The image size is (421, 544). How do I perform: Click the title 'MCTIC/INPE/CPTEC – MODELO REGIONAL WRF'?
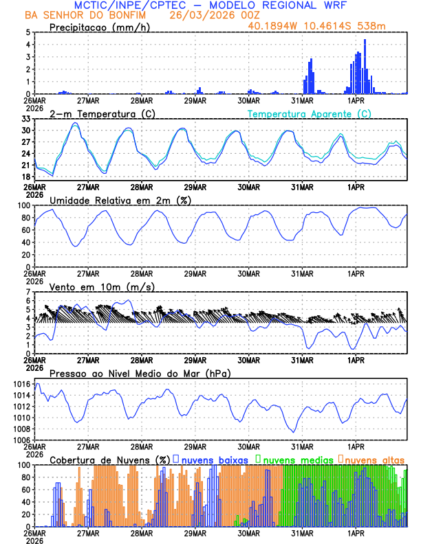[211, 5]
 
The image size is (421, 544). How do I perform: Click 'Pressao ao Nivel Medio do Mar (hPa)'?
[140, 373]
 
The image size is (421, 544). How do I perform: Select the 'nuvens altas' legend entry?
[374, 459]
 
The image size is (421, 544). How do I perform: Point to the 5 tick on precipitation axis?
[28, 32]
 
